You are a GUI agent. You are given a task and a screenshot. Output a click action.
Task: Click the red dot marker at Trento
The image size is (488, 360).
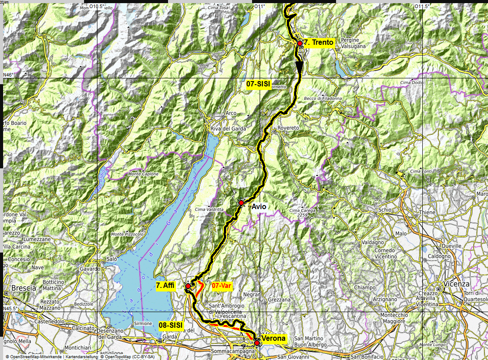[x=299, y=43]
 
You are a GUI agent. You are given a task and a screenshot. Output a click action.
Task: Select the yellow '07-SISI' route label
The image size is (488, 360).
[x=258, y=83]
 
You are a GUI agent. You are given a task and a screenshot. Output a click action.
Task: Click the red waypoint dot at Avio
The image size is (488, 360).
[x=241, y=203]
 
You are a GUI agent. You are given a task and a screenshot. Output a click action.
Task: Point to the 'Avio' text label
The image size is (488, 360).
[x=259, y=207]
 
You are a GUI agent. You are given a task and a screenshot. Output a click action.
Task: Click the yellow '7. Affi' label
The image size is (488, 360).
[x=166, y=285]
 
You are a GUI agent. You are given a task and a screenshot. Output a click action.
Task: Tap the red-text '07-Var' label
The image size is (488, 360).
[x=221, y=285]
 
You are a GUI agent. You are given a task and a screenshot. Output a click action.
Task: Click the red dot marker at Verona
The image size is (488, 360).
[x=257, y=343]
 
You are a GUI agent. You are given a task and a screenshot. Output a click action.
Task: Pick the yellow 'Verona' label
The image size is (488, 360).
[x=273, y=339]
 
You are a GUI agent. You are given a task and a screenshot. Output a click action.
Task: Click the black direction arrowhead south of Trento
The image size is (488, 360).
[x=299, y=66]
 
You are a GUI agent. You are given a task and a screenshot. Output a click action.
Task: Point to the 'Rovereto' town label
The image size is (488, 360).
[x=288, y=128]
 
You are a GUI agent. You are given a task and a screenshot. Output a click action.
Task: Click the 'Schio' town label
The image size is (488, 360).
[x=384, y=210]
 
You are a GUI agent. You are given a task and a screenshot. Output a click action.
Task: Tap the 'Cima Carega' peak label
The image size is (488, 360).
[x=302, y=210]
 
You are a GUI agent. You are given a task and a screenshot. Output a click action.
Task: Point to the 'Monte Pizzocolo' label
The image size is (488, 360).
[x=127, y=234]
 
